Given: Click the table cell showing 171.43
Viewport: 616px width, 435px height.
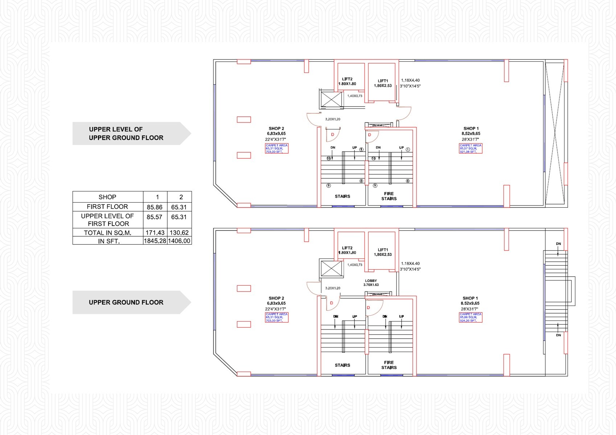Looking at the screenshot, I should tap(155, 233).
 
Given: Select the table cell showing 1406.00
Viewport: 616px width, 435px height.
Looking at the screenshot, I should tap(179, 241).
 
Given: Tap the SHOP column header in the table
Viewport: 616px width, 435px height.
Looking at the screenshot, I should tap(107, 197).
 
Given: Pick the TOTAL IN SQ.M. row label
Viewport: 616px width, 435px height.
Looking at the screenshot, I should tap(107, 233).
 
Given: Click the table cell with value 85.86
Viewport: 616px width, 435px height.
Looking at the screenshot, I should tap(155, 207).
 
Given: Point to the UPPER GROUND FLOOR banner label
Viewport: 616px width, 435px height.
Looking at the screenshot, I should tap(126, 302).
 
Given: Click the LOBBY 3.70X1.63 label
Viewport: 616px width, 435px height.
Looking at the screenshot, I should tap(371, 283).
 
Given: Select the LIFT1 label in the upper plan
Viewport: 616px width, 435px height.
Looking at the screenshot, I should tap(383, 83).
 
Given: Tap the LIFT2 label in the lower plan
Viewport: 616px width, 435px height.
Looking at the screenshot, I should tap(347, 250).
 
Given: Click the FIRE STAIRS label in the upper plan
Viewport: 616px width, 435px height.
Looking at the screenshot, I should tap(389, 196).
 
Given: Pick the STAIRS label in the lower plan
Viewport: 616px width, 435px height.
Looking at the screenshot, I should tap(342, 365).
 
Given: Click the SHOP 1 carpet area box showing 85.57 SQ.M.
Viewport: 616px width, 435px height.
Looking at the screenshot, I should tap(471, 149).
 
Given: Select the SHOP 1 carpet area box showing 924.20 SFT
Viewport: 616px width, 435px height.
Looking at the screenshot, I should tap(471, 318).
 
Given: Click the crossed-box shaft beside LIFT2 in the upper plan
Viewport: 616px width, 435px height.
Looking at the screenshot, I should tap(332, 99).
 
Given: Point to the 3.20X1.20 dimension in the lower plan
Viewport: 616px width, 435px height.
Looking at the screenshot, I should tap(333, 288).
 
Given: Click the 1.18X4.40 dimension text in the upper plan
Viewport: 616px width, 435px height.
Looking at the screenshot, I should tap(410, 80).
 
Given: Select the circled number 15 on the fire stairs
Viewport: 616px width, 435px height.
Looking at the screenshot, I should tap(374, 158).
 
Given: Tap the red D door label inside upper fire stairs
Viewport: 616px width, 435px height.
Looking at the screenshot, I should tap(370, 135).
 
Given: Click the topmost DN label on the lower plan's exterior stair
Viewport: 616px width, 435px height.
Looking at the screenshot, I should tap(558, 244).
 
